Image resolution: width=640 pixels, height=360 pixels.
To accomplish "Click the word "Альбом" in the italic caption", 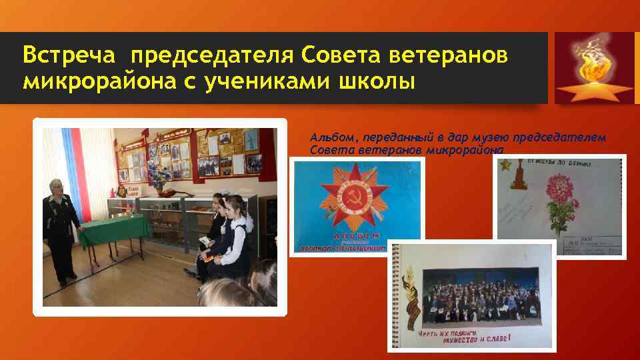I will click(x=331, y=137).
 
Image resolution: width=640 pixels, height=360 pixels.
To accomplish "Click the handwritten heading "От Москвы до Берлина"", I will click(x=560, y=162).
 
